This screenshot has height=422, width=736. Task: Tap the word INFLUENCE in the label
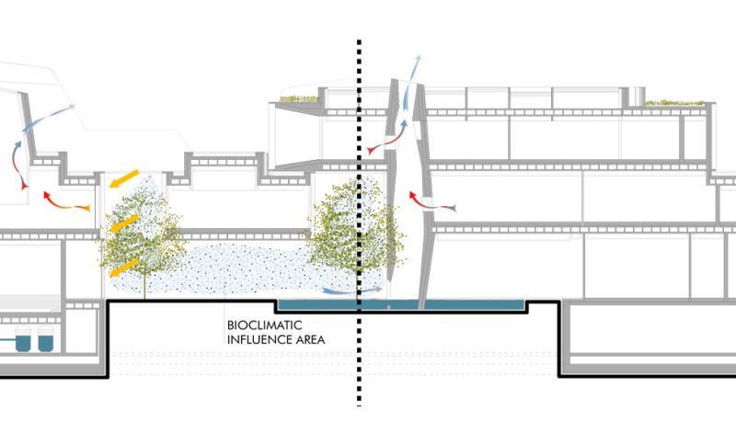257,339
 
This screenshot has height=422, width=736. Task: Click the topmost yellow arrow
126,177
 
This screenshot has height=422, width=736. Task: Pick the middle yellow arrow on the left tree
123,222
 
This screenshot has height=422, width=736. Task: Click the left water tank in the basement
20,342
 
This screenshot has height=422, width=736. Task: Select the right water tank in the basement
44,341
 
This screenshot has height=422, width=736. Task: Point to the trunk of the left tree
144,286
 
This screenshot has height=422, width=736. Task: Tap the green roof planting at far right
677,103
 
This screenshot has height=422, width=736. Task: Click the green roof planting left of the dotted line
299,98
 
